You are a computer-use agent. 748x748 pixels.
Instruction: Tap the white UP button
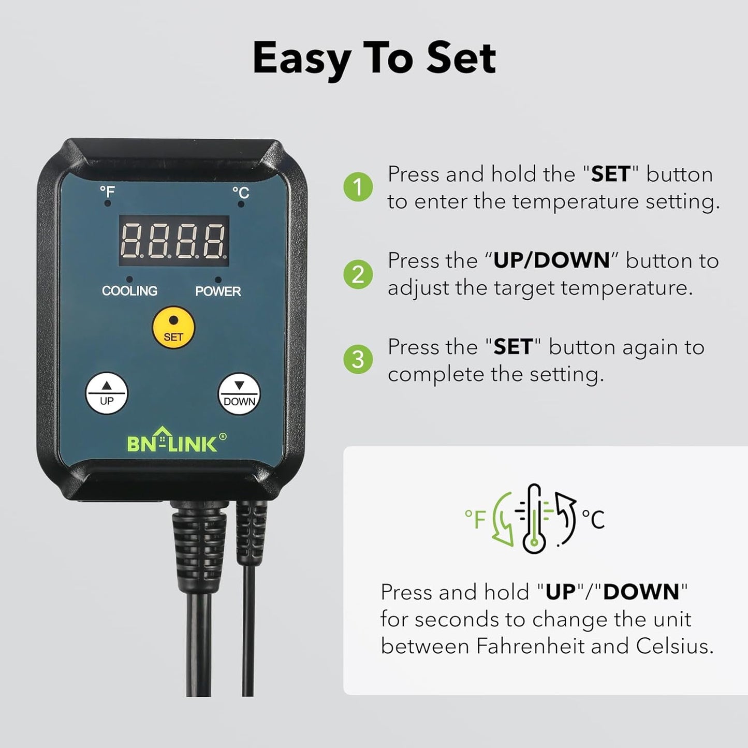[x=107, y=393]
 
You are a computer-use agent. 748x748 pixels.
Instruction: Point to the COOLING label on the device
[x=129, y=291]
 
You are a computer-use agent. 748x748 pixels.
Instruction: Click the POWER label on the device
[x=218, y=291]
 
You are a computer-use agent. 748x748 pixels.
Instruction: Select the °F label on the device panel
[x=107, y=192]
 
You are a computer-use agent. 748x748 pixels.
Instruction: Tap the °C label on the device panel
[x=241, y=193]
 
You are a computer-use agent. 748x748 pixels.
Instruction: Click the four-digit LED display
[x=174, y=241]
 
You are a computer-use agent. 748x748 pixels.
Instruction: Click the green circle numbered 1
[x=358, y=187]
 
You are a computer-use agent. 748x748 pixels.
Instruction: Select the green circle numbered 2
[x=358, y=274]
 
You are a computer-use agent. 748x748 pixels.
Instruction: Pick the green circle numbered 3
[x=358, y=360]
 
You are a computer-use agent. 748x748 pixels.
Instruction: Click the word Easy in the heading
[x=301, y=58]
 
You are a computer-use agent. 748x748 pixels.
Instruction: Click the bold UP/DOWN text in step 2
[x=552, y=260]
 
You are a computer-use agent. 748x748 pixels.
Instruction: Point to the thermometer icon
[x=534, y=519]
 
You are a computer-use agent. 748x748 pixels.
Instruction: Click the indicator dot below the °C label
[x=241, y=204]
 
